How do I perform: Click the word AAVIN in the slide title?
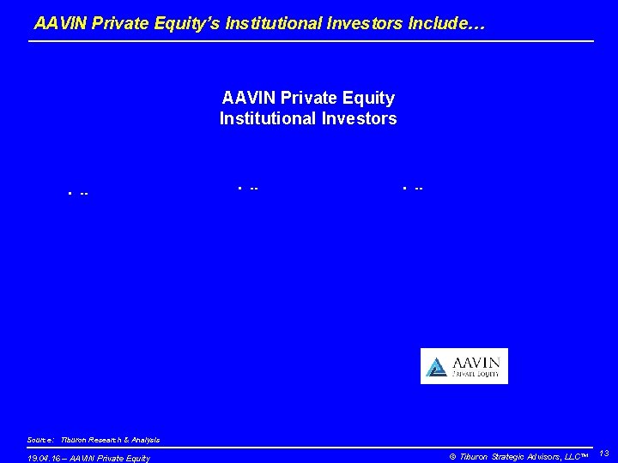tap(58, 25)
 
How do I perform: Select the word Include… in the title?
tap(447, 25)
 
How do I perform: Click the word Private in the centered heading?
tap(301, 98)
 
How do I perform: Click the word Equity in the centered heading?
tap(370, 98)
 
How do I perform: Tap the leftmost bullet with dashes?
tap(78, 193)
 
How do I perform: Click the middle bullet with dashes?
tap(249, 187)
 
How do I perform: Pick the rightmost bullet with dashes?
tap(413, 187)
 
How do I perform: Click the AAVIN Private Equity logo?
tap(463, 366)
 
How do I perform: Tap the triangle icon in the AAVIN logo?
tap(437, 367)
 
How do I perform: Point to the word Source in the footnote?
tap(40, 440)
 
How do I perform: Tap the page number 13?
tap(604, 453)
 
